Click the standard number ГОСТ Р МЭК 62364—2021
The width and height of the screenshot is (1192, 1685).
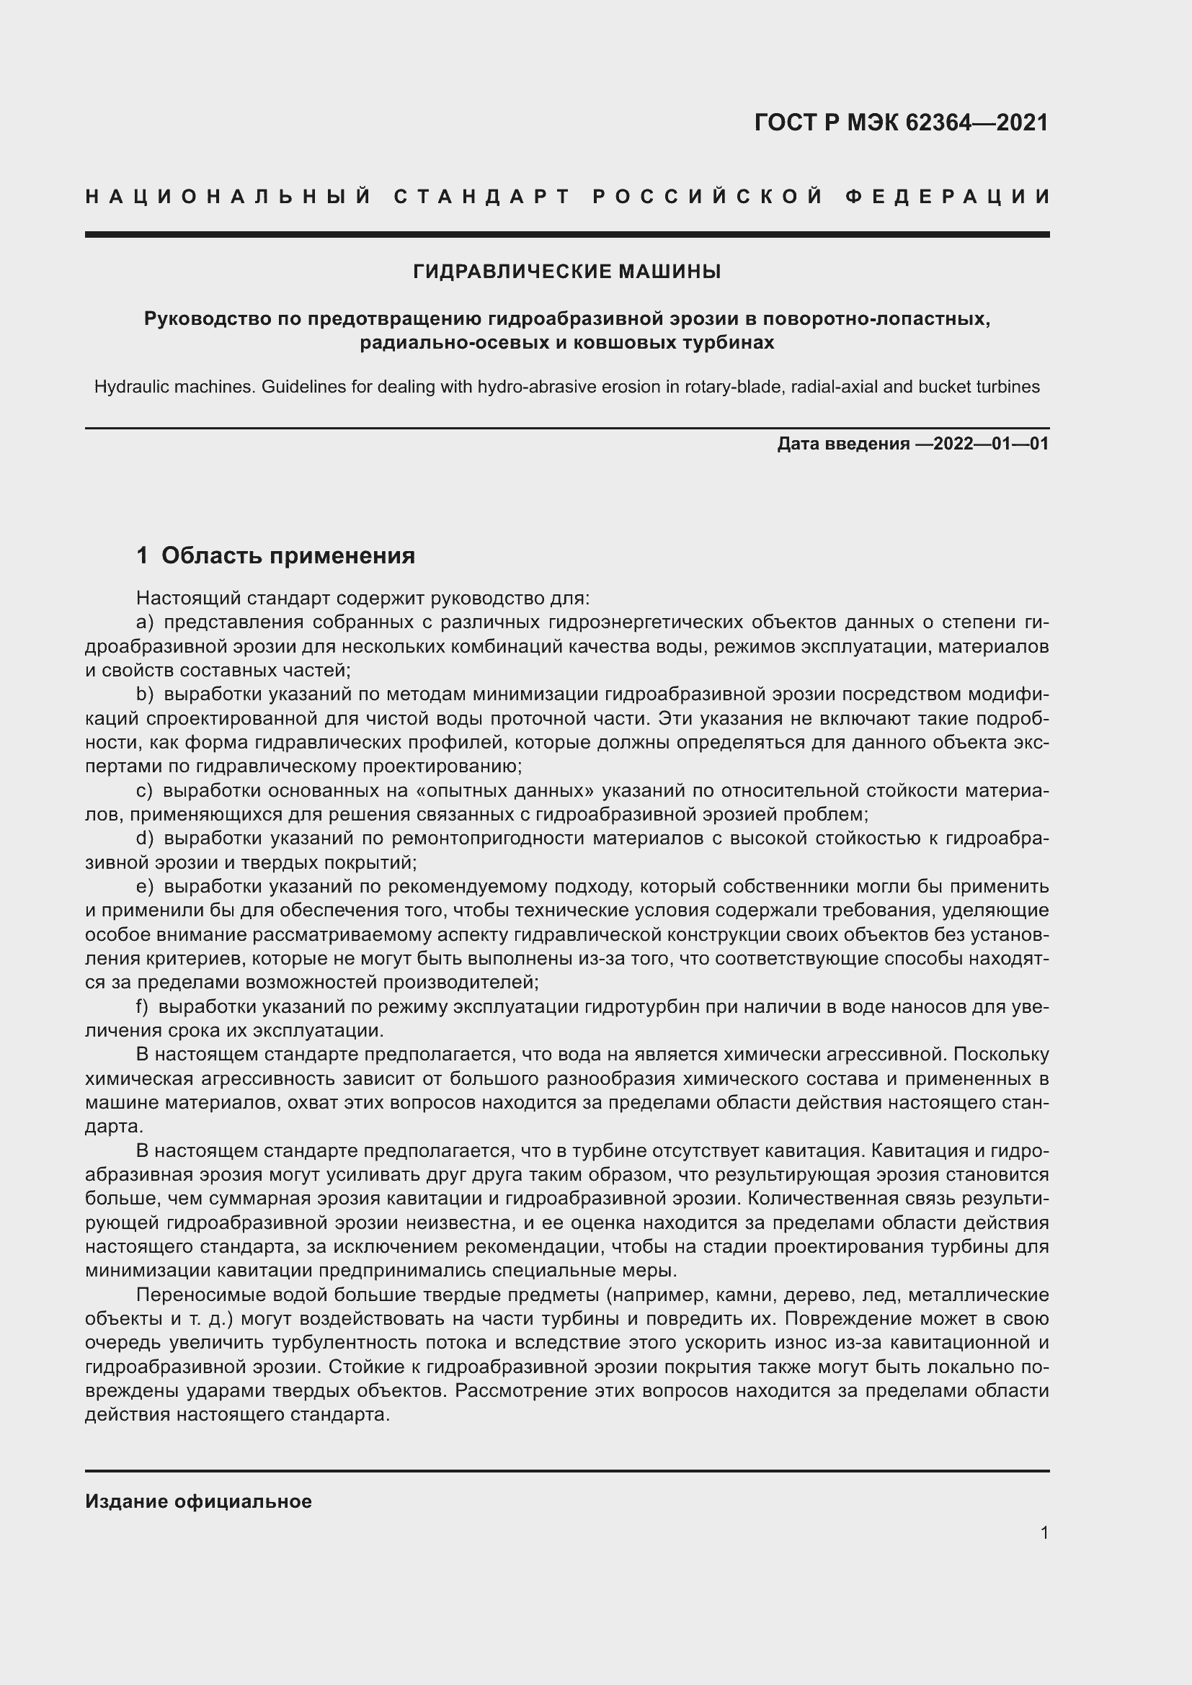point(901,122)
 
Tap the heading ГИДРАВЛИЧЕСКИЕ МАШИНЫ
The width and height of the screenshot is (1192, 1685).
point(566,272)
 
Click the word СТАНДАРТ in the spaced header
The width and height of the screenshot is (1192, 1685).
point(482,197)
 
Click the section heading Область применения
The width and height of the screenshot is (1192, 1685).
point(288,555)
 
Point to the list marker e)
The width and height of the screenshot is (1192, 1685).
point(145,887)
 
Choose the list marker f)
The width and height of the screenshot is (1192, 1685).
point(143,1006)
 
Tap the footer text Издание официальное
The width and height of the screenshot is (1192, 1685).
point(198,1501)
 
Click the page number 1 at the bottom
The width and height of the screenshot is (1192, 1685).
point(1044,1532)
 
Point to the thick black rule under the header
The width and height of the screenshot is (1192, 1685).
point(566,235)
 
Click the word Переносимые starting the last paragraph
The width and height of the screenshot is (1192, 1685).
point(193,1295)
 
